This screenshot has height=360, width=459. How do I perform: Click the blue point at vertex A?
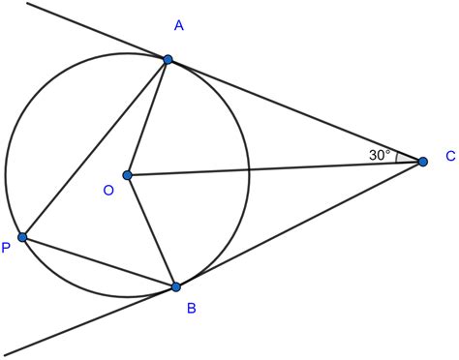(168, 59)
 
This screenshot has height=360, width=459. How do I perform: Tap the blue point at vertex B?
(176, 287)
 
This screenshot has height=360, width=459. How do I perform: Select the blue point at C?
(422, 162)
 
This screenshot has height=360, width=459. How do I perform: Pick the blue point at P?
(22, 236)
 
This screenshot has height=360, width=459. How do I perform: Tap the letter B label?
(191, 310)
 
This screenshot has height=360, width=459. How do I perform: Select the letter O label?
(108, 192)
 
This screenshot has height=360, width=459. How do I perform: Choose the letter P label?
(6, 248)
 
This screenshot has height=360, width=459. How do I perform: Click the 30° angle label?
(380, 154)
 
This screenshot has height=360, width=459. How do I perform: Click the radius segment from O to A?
(148, 117)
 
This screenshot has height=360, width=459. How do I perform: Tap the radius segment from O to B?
(152, 231)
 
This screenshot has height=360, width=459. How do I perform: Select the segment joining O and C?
(276, 168)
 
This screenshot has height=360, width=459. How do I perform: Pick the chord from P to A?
(95, 148)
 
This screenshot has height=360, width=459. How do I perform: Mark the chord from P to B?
(99, 261)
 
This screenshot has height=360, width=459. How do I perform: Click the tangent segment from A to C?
(294, 110)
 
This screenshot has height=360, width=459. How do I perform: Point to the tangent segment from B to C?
(299, 225)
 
